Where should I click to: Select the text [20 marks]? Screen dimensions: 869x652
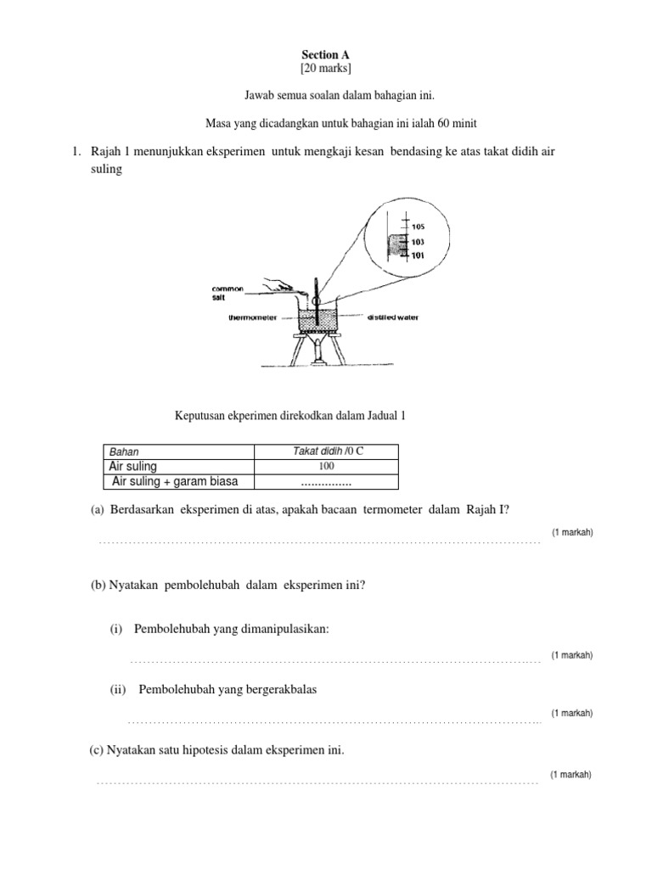point(325,69)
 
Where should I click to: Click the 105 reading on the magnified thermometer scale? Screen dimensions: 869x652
point(418,226)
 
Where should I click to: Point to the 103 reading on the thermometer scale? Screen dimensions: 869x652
point(418,242)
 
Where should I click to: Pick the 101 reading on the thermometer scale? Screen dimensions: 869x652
point(418,254)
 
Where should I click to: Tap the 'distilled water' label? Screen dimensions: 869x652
point(392,318)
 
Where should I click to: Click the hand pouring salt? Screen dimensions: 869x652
point(275,287)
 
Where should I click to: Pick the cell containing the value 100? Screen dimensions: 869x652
point(327,467)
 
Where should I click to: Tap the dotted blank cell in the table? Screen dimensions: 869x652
point(327,482)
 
